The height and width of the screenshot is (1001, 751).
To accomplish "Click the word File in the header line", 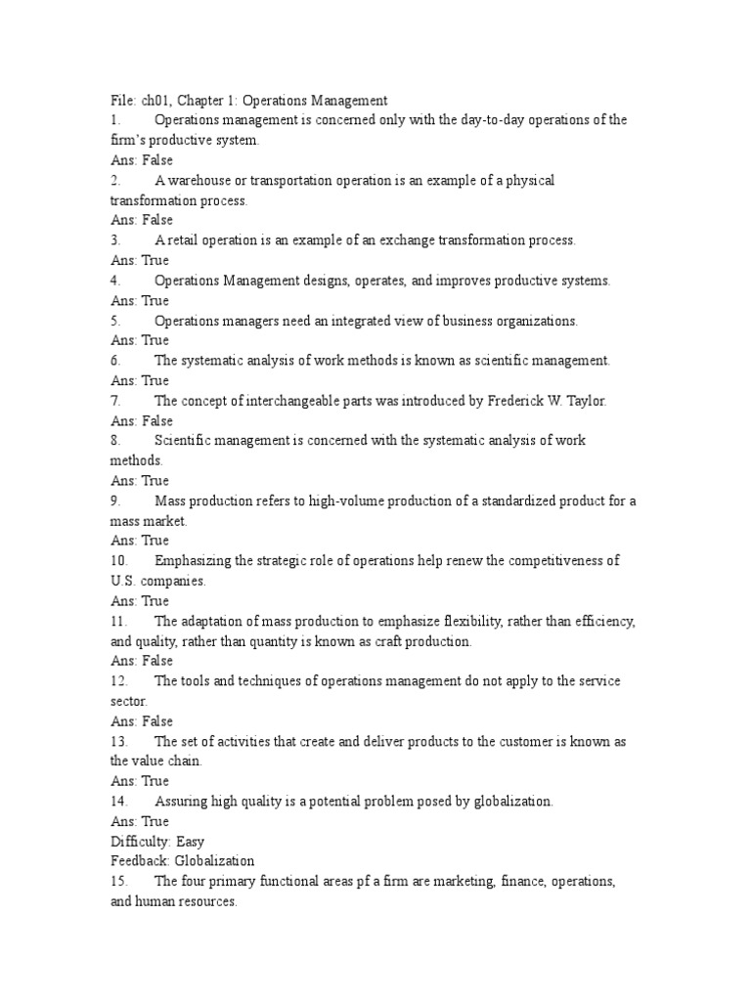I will click(x=122, y=100).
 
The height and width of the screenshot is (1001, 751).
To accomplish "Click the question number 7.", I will click(x=115, y=401).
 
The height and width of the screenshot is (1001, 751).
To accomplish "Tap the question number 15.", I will click(x=118, y=882).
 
